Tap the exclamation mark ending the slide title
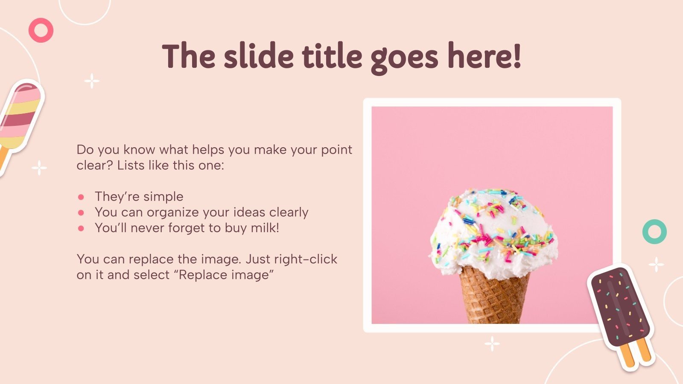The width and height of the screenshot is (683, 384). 517,57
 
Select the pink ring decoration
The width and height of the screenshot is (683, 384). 41,30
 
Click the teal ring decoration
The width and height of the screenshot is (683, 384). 654,232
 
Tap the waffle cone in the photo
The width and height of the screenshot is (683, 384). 494,294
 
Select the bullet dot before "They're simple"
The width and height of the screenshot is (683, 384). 81,197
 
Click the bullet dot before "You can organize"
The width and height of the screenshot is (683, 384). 81,212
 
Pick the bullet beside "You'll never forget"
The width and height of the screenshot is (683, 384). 81,228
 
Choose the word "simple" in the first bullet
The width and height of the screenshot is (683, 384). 163,197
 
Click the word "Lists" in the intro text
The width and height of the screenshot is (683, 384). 131,165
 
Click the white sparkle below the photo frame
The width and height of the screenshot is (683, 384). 492,343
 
